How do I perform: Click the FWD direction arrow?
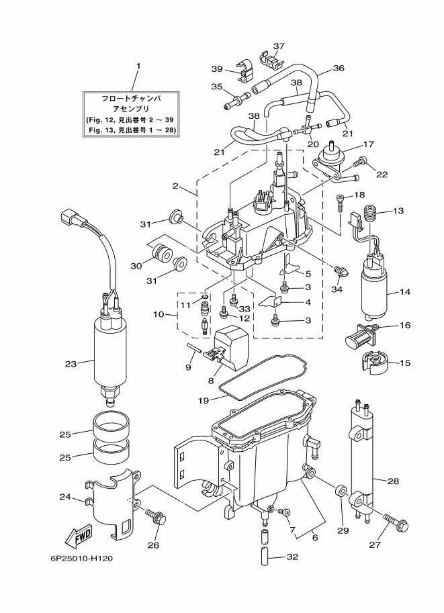(x=80, y=536)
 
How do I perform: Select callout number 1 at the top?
(x=138, y=66)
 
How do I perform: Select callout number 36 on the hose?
(x=338, y=68)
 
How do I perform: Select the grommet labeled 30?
(x=161, y=256)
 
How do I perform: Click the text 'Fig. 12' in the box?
(x=101, y=119)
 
